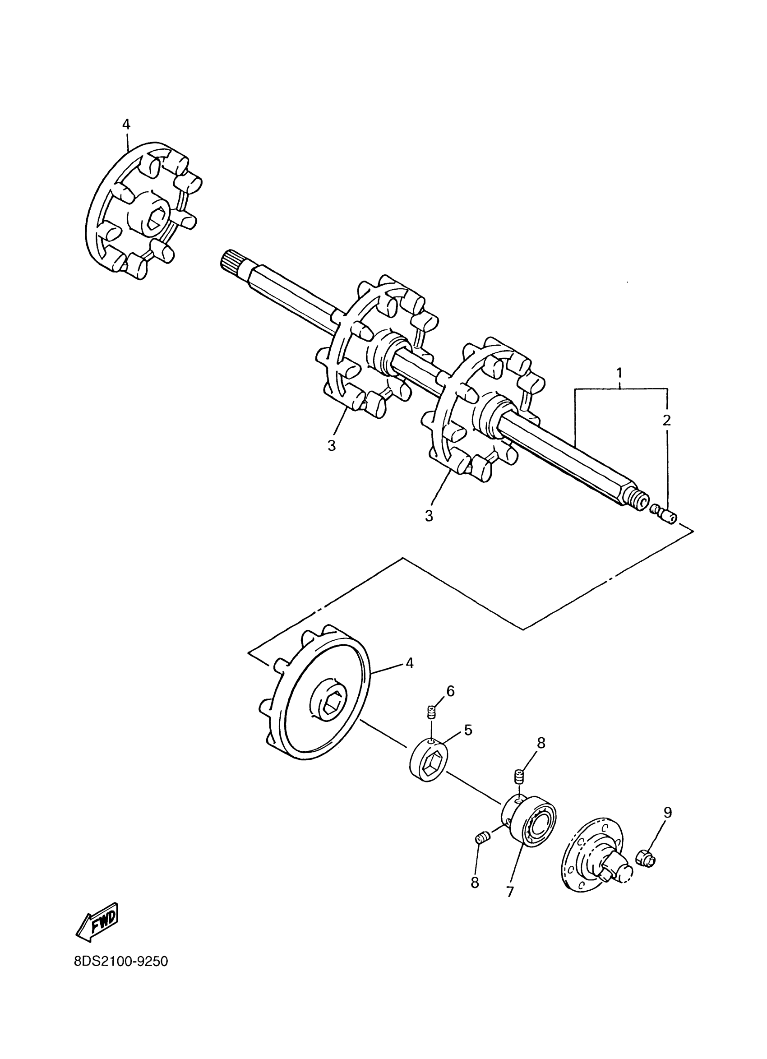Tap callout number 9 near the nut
[668, 813]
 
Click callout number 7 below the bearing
[509, 891]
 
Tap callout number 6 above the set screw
[450, 691]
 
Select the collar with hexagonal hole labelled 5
[429, 762]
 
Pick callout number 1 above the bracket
[619, 373]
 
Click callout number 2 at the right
[667, 420]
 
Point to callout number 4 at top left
[126, 124]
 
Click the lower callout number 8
[475, 883]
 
